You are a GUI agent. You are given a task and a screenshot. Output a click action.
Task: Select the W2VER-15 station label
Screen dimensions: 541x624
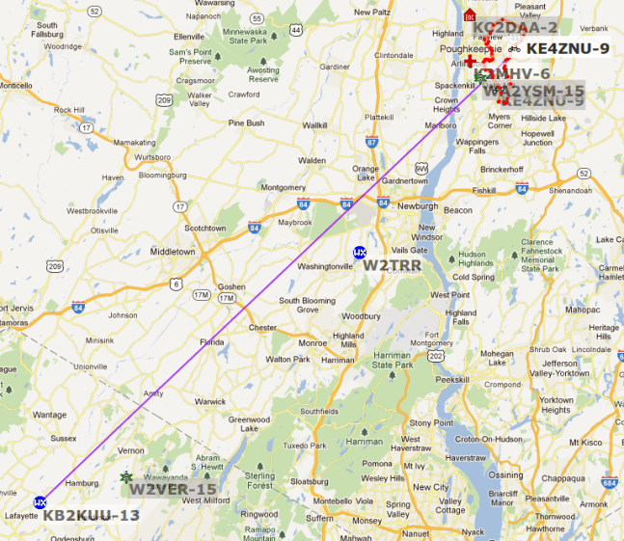174,488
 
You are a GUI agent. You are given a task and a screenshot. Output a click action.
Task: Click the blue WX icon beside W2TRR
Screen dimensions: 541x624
360,253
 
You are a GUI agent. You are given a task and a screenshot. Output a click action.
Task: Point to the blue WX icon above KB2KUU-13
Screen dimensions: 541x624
40,501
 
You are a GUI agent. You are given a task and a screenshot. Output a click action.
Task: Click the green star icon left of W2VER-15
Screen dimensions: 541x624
125,477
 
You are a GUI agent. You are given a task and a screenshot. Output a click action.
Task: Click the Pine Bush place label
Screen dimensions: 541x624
247,123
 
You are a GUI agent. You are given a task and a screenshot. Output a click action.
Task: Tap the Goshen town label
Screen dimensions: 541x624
231,287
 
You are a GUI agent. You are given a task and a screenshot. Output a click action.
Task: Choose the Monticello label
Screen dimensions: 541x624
14,85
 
